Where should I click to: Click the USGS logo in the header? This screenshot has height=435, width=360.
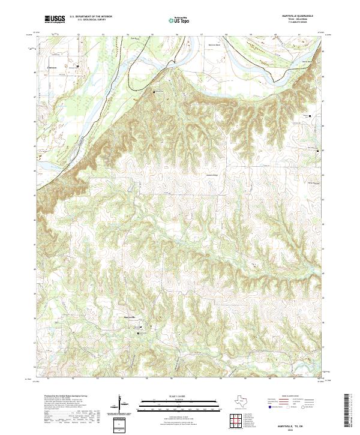pyautogui.click(x=55, y=20)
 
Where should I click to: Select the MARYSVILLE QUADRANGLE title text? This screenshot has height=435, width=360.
pyautogui.click(x=297, y=16)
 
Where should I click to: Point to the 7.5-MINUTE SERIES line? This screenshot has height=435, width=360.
pyautogui.click(x=297, y=23)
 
